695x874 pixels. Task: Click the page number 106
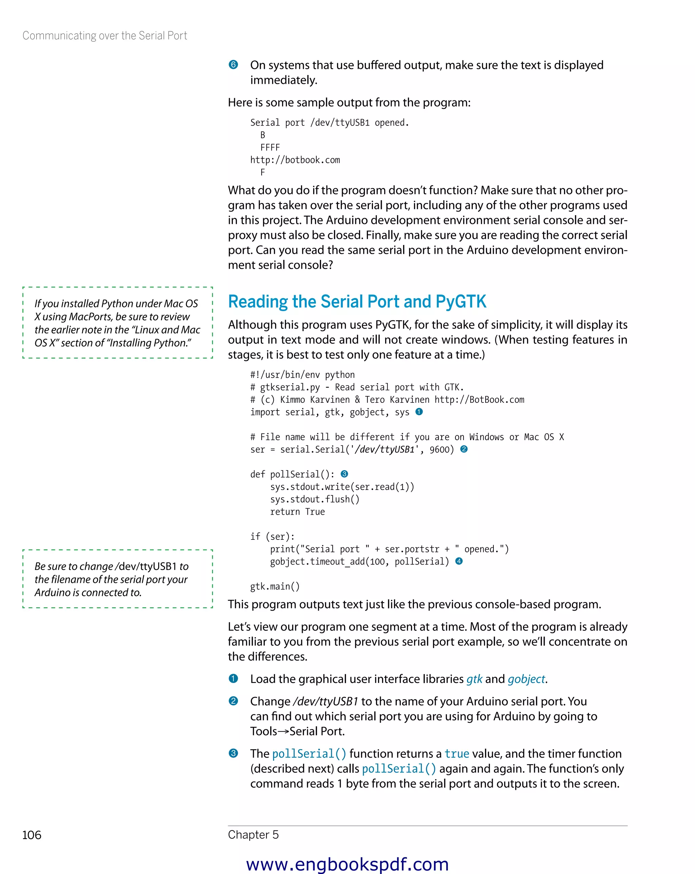(x=32, y=835)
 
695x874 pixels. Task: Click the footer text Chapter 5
(x=253, y=834)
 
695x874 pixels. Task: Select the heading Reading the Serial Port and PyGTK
(x=357, y=302)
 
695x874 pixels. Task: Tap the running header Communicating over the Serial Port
(x=105, y=36)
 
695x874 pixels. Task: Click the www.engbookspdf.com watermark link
(x=347, y=864)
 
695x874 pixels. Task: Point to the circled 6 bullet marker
(x=233, y=65)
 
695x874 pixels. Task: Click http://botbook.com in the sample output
(x=295, y=160)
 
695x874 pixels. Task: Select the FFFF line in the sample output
(x=270, y=148)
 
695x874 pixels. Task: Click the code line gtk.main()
(x=275, y=586)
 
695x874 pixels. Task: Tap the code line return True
(x=297, y=512)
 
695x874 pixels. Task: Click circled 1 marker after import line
(x=419, y=412)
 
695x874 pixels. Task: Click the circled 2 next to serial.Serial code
(x=464, y=449)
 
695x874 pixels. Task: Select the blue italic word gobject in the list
(x=526, y=679)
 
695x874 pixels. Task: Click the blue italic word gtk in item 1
(x=474, y=679)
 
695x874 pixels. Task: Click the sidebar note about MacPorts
(x=117, y=323)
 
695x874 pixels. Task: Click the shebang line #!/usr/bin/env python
(x=302, y=375)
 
